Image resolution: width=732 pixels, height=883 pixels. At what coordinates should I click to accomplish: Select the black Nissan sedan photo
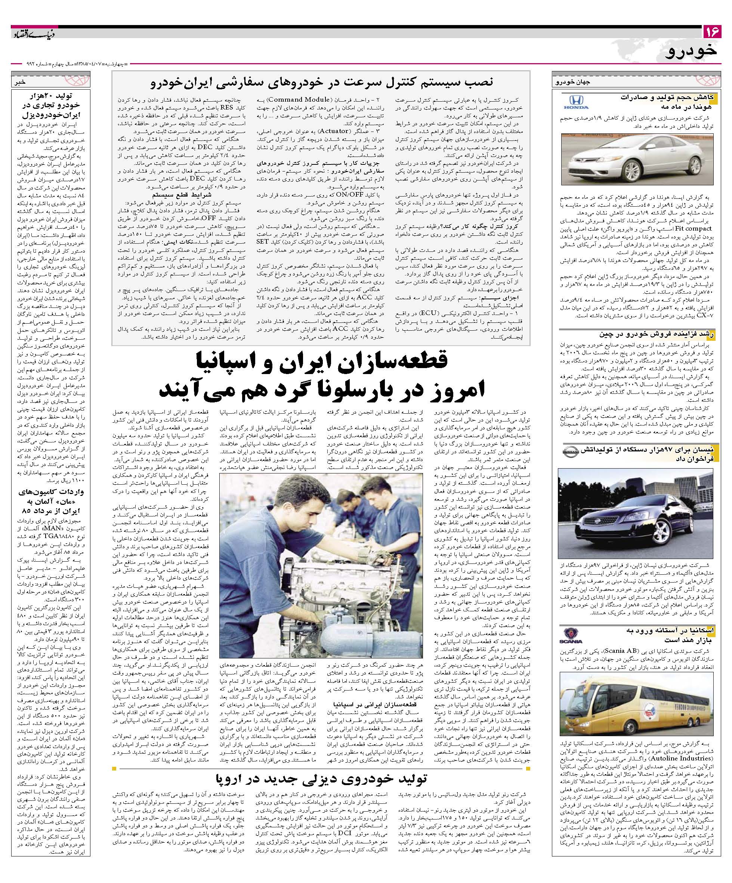pyautogui.click(x=637, y=511)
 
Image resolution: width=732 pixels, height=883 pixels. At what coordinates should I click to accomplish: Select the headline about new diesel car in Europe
pyautogui.click(x=322, y=778)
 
